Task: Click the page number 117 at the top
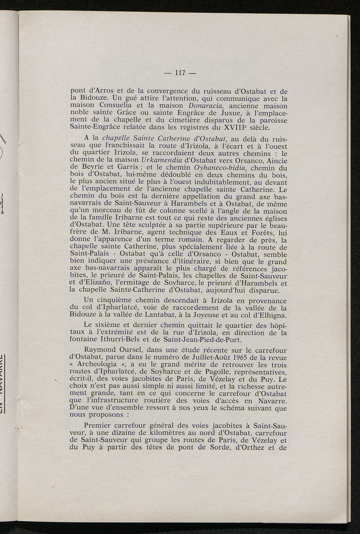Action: coord(180,73)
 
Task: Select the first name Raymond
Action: coord(99,351)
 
